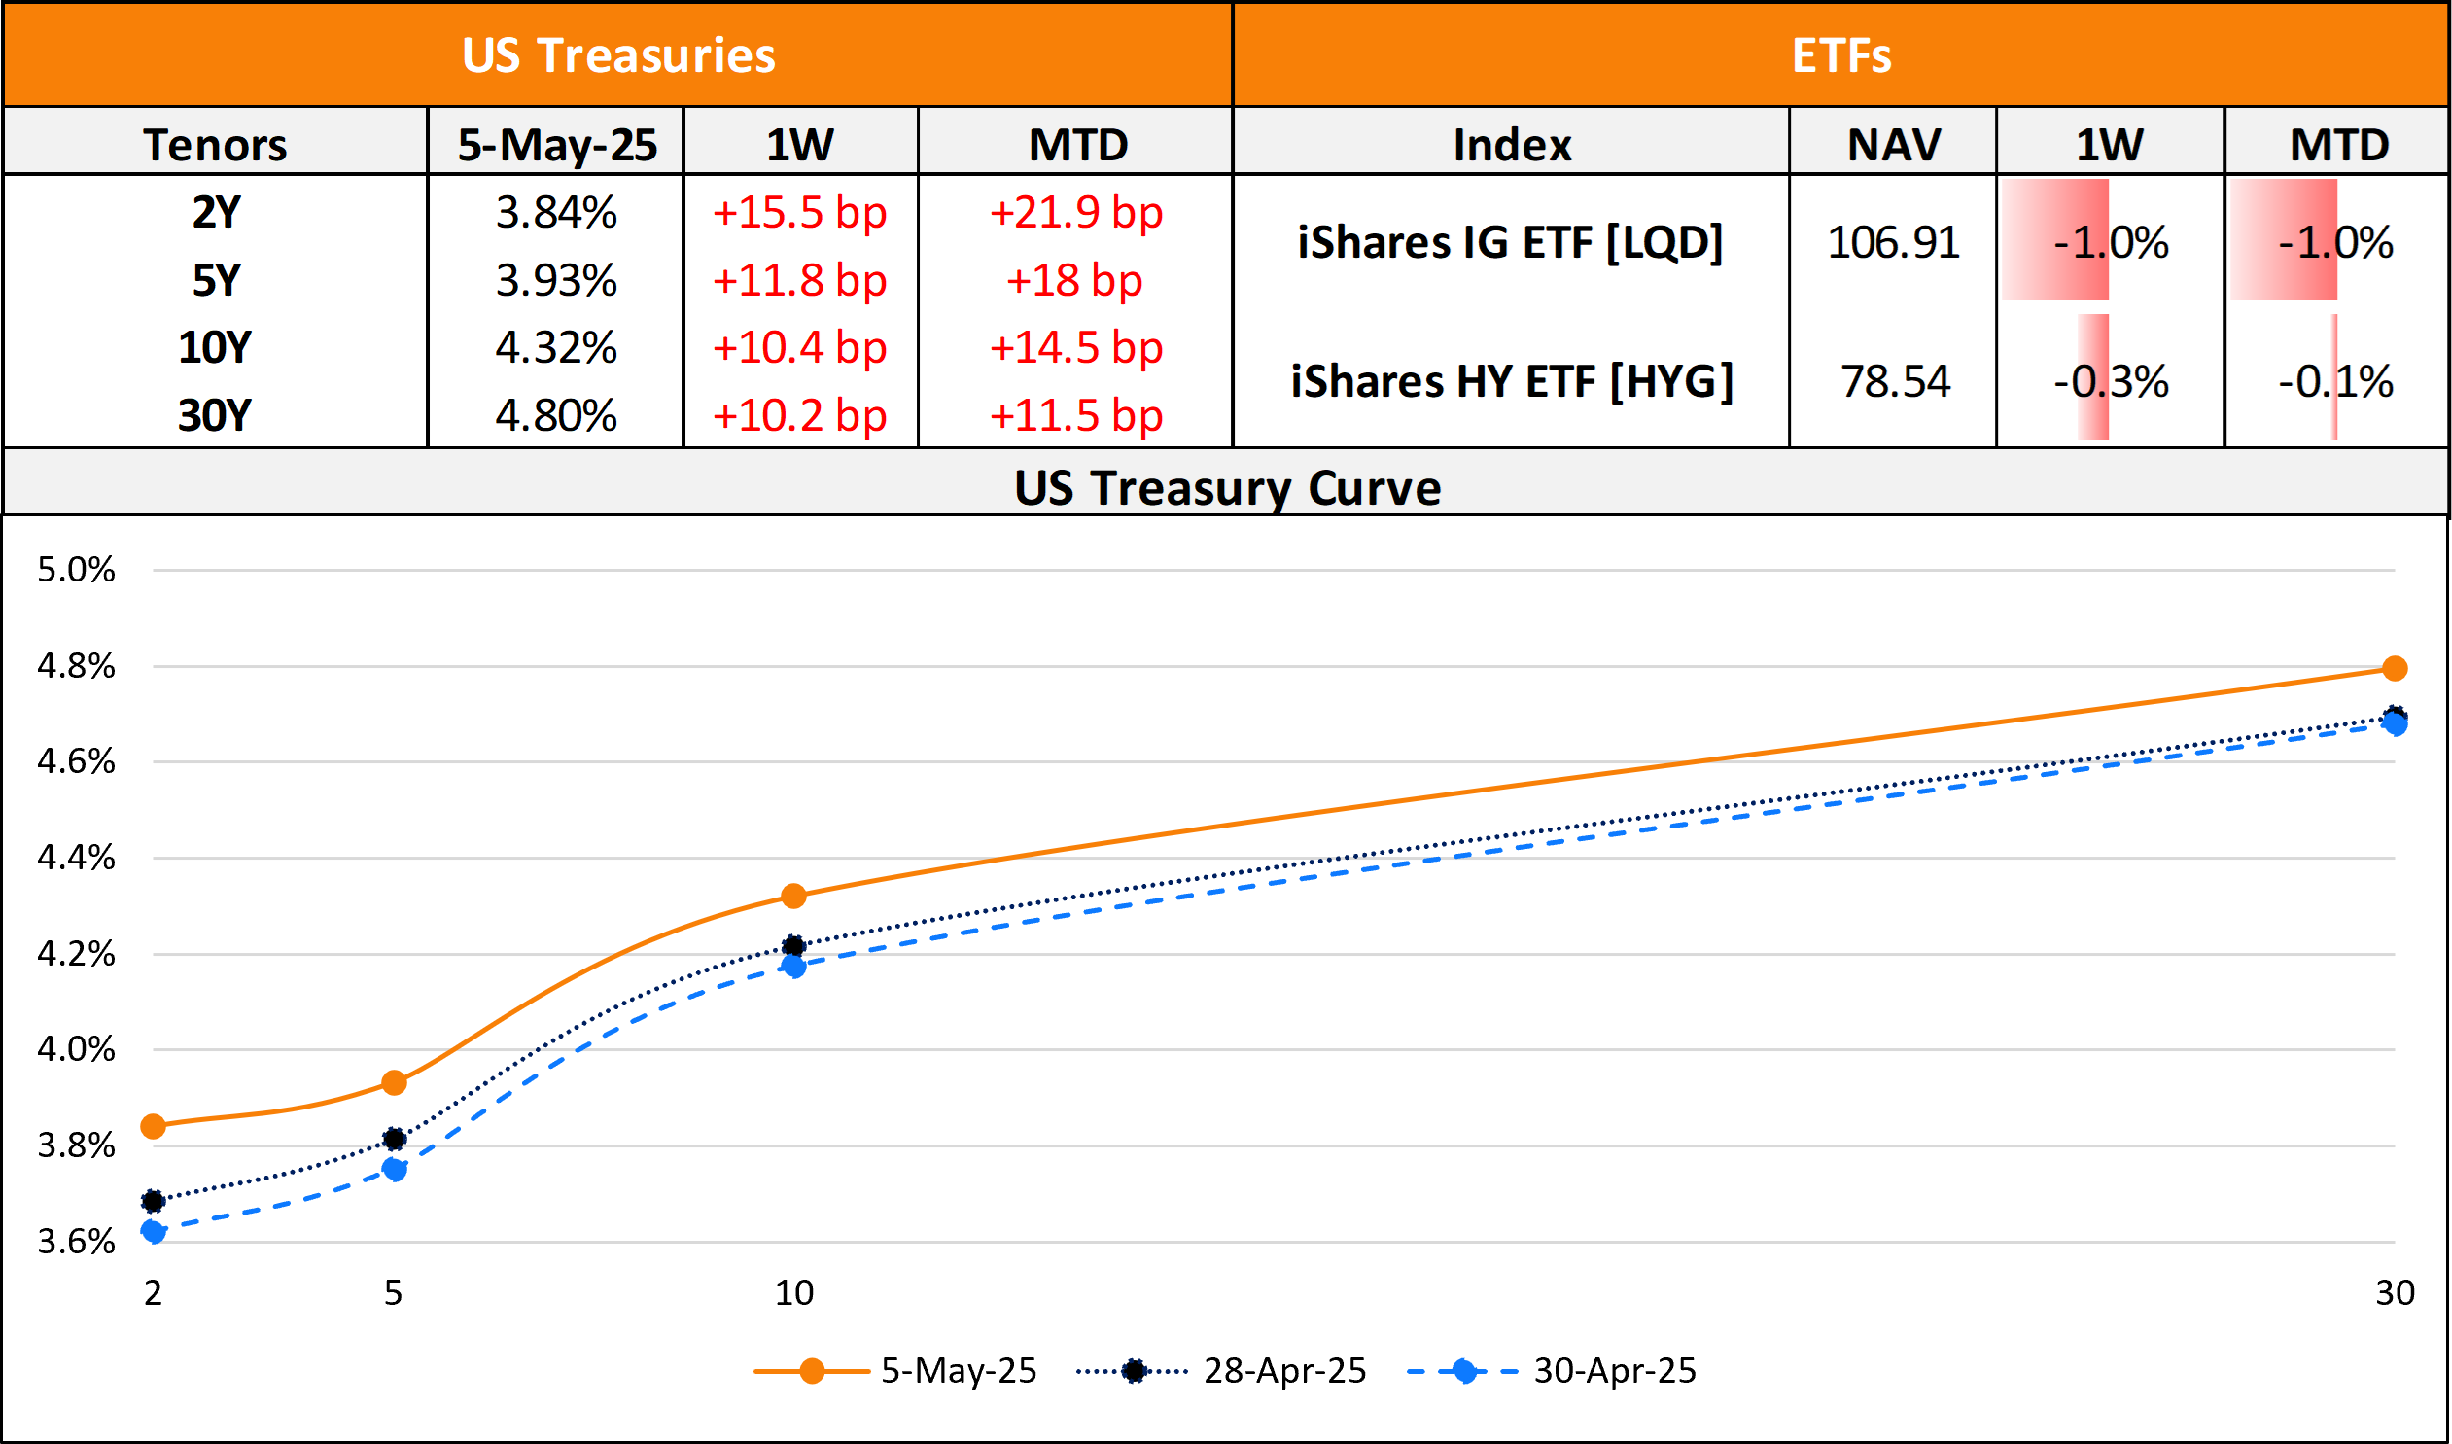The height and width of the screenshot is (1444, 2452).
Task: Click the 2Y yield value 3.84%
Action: tap(555, 212)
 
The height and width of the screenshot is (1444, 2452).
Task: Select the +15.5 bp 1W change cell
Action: tap(799, 212)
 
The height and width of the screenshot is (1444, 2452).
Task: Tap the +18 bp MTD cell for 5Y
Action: tap(1074, 280)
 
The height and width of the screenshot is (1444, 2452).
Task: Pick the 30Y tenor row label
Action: tap(214, 415)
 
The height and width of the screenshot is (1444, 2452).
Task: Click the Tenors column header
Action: tap(215, 145)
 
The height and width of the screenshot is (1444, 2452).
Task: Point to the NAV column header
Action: tap(1894, 145)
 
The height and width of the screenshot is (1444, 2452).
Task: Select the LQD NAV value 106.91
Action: tap(1894, 242)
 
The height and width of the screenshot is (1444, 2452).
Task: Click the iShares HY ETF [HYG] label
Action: tap(1512, 380)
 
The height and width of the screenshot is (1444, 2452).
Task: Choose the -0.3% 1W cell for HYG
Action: tap(2111, 380)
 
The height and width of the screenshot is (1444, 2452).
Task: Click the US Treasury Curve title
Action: tap(1227, 487)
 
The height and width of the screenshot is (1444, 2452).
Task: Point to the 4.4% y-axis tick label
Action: tap(76, 858)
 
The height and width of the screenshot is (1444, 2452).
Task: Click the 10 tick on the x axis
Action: tap(794, 1292)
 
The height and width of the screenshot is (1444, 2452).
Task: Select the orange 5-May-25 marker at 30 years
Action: tap(2395, 668)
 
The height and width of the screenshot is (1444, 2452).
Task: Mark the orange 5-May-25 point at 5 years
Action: tap(394, 1083)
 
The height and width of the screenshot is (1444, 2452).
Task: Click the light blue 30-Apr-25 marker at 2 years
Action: tap(153, 1231)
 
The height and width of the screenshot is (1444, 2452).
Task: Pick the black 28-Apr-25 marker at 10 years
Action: tap(794, 946)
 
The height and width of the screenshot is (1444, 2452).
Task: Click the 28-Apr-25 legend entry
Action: tap(1283, 1370)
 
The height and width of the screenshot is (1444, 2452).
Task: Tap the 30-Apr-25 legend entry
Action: tap(1614, 1370)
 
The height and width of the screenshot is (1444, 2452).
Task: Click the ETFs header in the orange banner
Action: tap(1841, 55)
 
